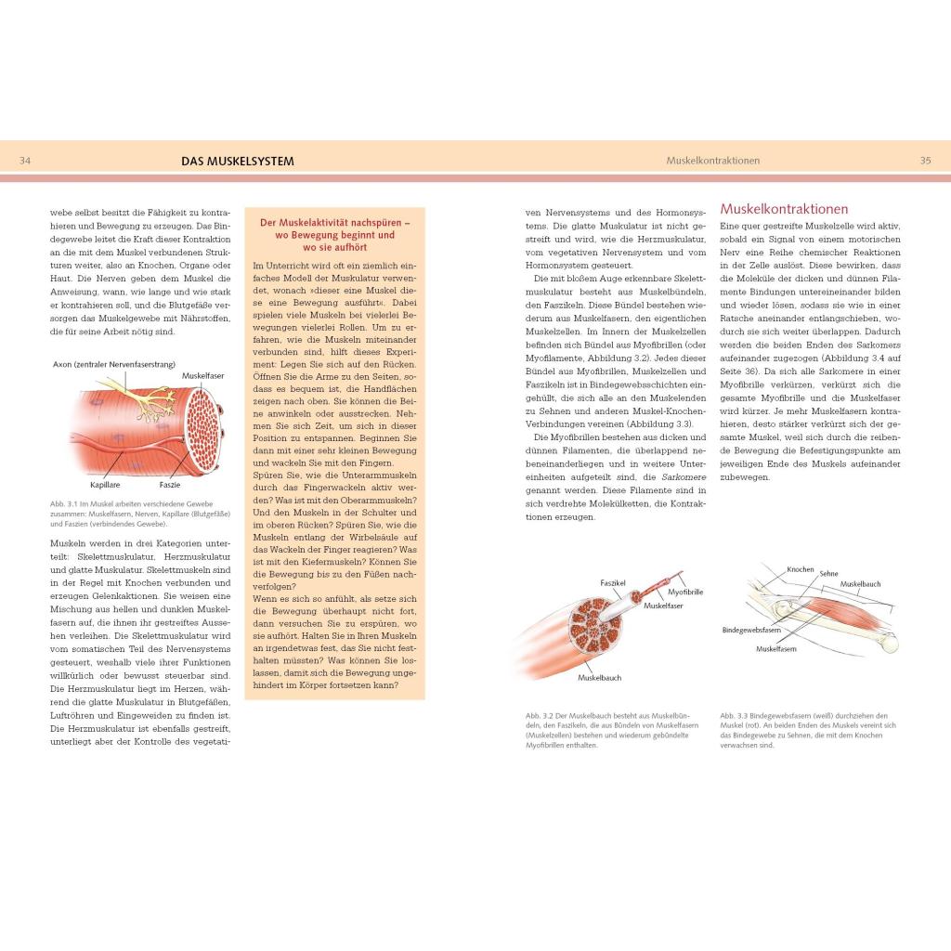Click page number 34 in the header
point(25,161)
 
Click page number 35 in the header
point(925,161)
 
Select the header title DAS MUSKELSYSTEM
point(238,161)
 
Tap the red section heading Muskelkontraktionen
point(784,209)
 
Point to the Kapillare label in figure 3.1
point(106,485)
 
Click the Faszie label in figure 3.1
point(170,485)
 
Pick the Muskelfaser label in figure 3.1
point(202,376)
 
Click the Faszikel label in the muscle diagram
point(612,583)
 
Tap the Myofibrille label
point(685,592)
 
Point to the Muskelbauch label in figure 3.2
point(599,678)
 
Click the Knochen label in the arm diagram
point(800,569)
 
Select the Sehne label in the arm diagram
point(828,574)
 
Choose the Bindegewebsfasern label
point(751,630)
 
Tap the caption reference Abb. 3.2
point(540,715)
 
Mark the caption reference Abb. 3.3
point(734,715)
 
